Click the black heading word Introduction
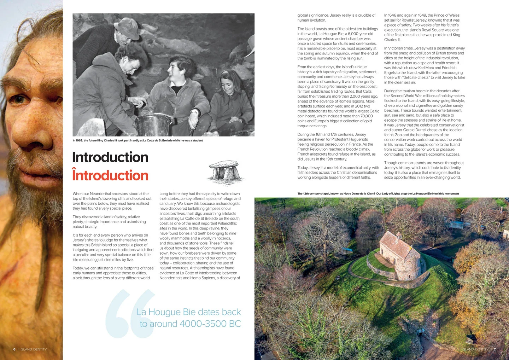pyautogui.click(x=110, y=157)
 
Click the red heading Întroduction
pyautogui.click(x=110, y=175)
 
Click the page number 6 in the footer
pyautogui.click(x=14, y=349)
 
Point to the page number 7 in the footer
pyautogui.click(x=495, y=349)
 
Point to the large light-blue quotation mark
pyautogui.click(x=129, y=313)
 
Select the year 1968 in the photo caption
pyautogui.click(x=78, y=140)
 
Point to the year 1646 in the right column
pyautogui.click(x=392, y=15)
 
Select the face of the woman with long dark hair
pyautogui.click(x=228, y=84)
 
